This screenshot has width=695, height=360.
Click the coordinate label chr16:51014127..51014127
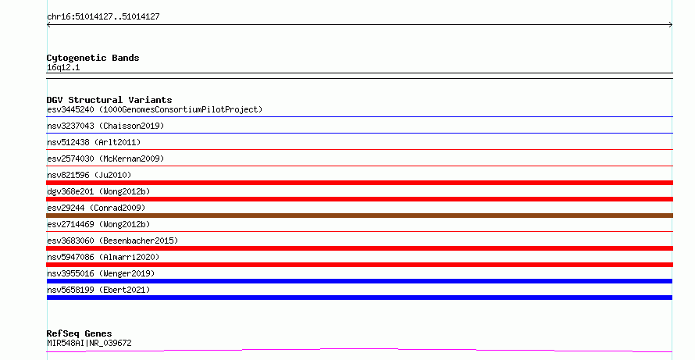tap(103, 17)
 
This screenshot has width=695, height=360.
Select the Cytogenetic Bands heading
tap(93, 58)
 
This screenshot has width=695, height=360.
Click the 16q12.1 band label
tap(63, 67)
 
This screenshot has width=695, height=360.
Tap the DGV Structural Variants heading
tap(109, 100)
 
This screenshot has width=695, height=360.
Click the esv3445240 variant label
tap(70, 109)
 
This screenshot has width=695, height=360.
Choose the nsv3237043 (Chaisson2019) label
tap(105, 126)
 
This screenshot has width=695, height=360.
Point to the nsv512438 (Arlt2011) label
tap(94, 142)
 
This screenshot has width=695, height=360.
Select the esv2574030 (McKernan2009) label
tap(105, 159)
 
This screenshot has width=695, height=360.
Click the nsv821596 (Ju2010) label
tap(89, 175)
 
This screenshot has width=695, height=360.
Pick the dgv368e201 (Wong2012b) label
tap(98, 191)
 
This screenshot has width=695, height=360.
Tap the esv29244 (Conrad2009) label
tap(96, 208)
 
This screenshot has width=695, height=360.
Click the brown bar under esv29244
tap(359, 216)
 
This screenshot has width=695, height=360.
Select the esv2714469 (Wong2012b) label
tap(98, 224)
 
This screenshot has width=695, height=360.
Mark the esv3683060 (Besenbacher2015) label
tap(112, 241)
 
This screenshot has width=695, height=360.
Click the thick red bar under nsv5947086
tap(359, 265)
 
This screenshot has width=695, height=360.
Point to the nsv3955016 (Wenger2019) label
tap(101, 273)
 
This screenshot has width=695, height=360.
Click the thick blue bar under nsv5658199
tap(359, 298)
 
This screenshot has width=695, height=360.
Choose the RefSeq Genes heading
tap(80, 333)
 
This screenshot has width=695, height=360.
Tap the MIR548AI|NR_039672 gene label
tap(89, 343)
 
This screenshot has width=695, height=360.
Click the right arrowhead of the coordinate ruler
tap(671, 25)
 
